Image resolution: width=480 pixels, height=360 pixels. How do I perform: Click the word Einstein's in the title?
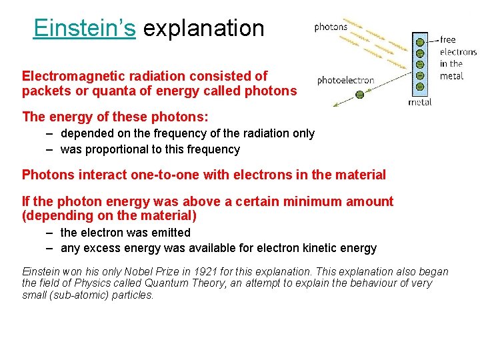click(85, 28)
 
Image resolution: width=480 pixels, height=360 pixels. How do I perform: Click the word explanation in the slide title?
click(204, 28)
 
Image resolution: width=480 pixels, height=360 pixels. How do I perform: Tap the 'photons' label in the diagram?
click(331, 27)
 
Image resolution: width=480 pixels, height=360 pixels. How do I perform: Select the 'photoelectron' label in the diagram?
click(345, 80)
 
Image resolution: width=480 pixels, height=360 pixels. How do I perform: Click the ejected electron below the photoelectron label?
click(359, 95)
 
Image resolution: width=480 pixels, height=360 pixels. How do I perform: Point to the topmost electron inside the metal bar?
click(420, 43)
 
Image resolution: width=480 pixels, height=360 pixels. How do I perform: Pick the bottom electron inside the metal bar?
click(420, 86)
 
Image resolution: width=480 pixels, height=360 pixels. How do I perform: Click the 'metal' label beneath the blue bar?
click(419, 102)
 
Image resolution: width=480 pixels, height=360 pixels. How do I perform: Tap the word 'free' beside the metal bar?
click(448, 40)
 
